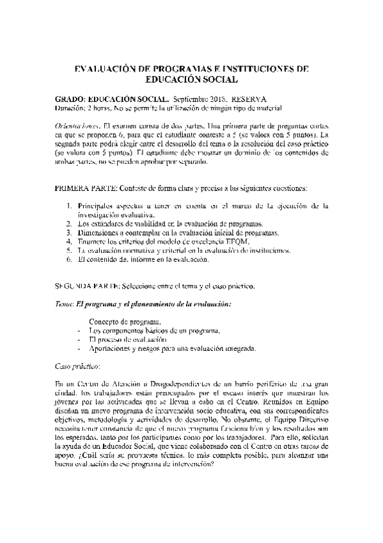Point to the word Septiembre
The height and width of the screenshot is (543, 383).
click(x=189, y=100)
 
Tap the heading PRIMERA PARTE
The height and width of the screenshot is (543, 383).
click(x=86, y=189)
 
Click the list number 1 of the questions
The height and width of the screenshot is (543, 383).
click(x=70, y=206)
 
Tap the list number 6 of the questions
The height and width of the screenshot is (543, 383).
click(x=70, y=259)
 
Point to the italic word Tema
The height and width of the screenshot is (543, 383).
click(x=63, y=304)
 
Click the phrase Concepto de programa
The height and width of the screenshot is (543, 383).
click(x=126, y=321)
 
